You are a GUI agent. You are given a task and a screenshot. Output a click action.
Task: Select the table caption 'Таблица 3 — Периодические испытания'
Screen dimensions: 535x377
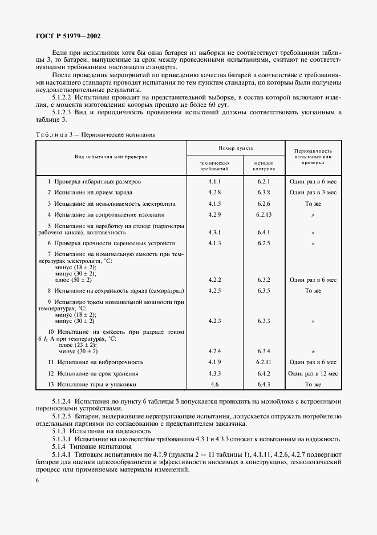pos(95,135)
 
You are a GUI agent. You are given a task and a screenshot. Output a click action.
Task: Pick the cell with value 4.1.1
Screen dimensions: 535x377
pos(214,181)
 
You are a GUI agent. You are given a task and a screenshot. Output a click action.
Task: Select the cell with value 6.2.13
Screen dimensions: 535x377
pos(263,214)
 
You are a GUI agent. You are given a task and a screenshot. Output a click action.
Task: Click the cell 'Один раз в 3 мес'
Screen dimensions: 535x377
pos(313,192)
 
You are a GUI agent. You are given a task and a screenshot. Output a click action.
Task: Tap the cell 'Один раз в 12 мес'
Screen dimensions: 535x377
pos(313,373)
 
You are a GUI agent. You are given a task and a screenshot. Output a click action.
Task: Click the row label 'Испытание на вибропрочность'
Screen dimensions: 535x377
pos(98,362)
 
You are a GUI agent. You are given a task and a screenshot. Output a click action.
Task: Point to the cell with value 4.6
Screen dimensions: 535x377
pos(214,384)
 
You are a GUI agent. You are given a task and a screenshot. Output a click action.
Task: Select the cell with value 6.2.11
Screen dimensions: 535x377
pos(263,362)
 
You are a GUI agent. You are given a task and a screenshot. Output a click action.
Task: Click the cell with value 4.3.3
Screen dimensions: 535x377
pos(214,373)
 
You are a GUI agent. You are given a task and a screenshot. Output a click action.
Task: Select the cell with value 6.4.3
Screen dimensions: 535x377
pos(263,384)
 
